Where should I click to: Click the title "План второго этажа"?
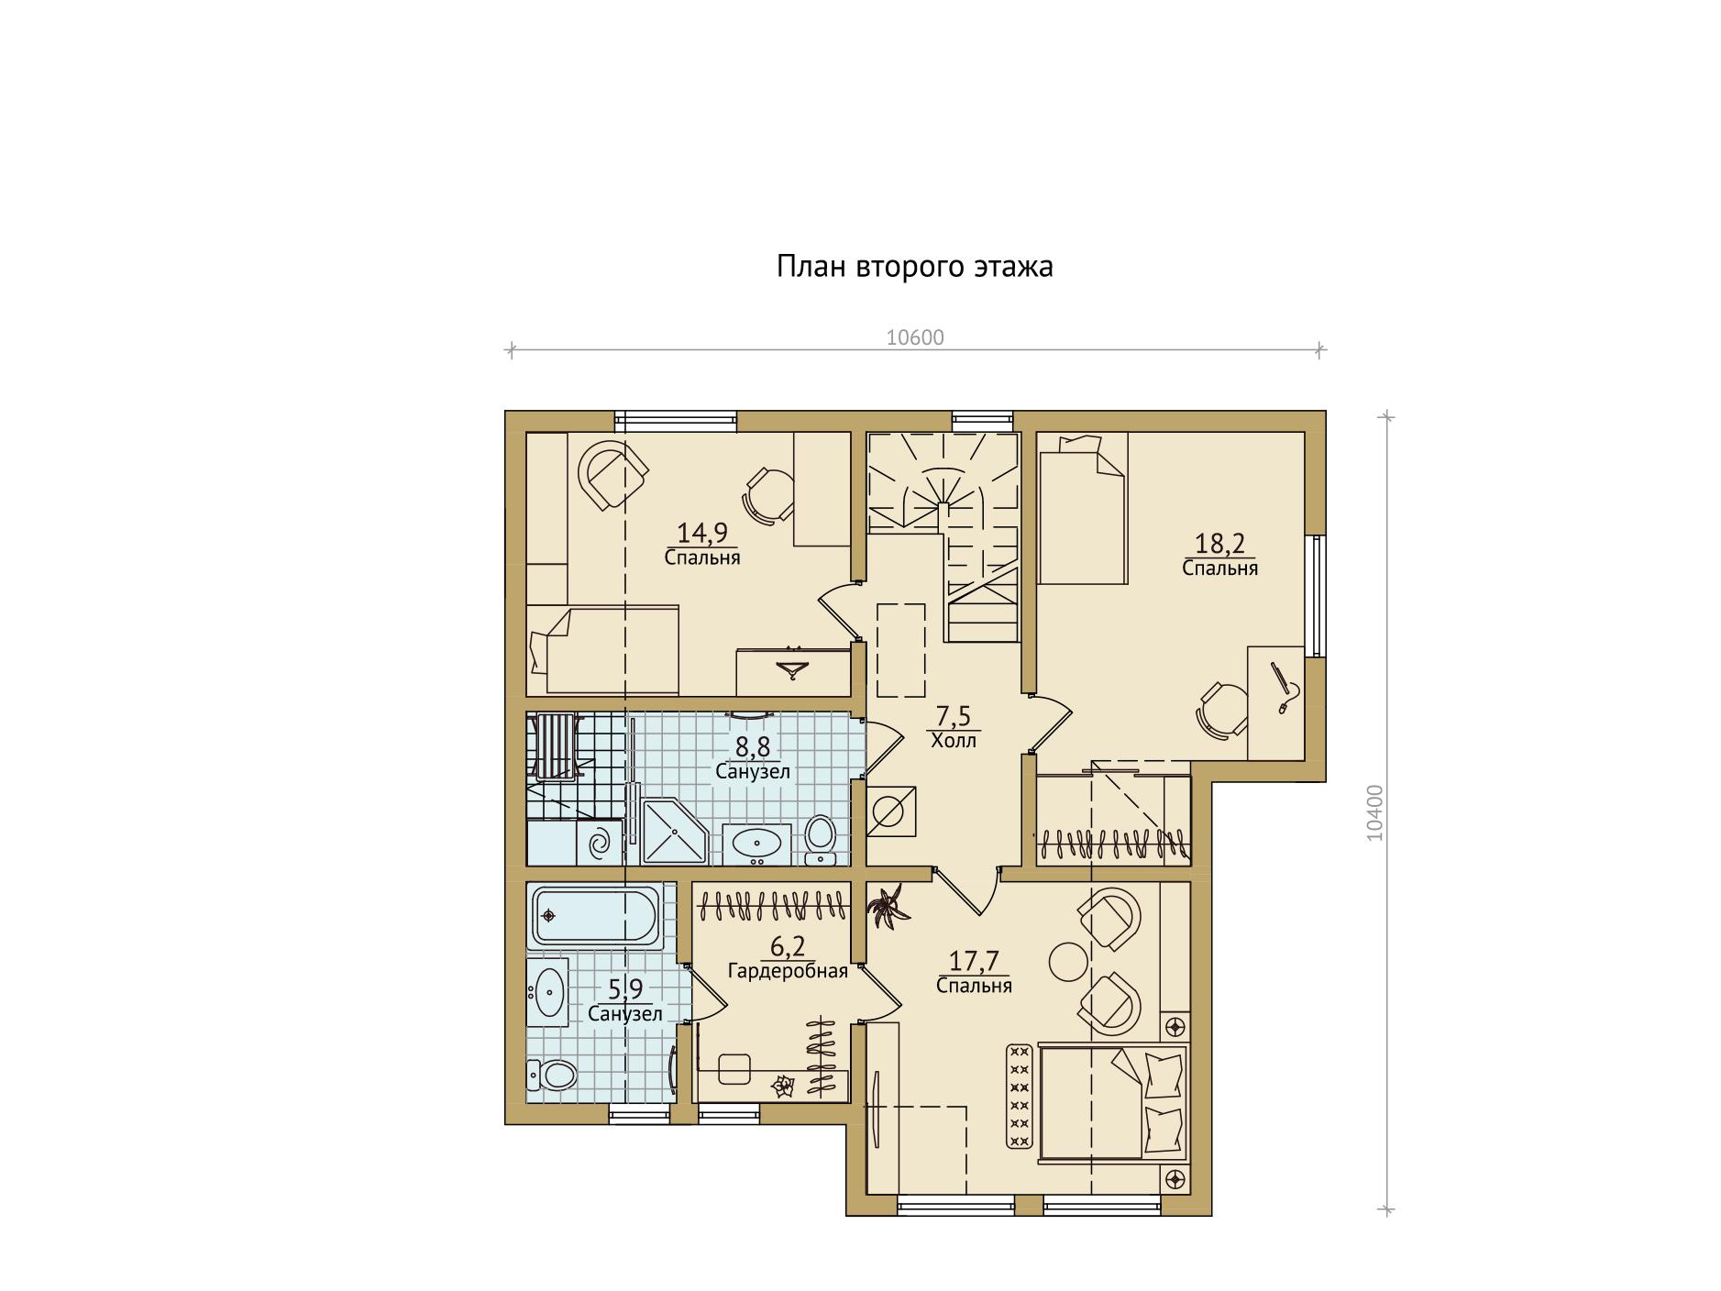(x=914, y=267)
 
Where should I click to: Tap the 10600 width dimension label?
(x=915, y=337)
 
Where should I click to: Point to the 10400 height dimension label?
(x=1374, y=812)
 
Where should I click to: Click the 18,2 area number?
(x=1219, y=544)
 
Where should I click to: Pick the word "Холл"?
(x=954, y=741)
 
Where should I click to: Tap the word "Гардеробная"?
(x=788, y=970)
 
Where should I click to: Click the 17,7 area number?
(x=974, y=961)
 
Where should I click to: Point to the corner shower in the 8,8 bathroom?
(x=675, y=832)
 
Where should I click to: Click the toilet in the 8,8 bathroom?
(x=819, y=837)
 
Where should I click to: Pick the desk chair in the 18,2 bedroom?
(x=1221, y=709)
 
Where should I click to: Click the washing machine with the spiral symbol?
(x=599, y=843)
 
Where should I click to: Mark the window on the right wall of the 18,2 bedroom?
(x=1316, y=595)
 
